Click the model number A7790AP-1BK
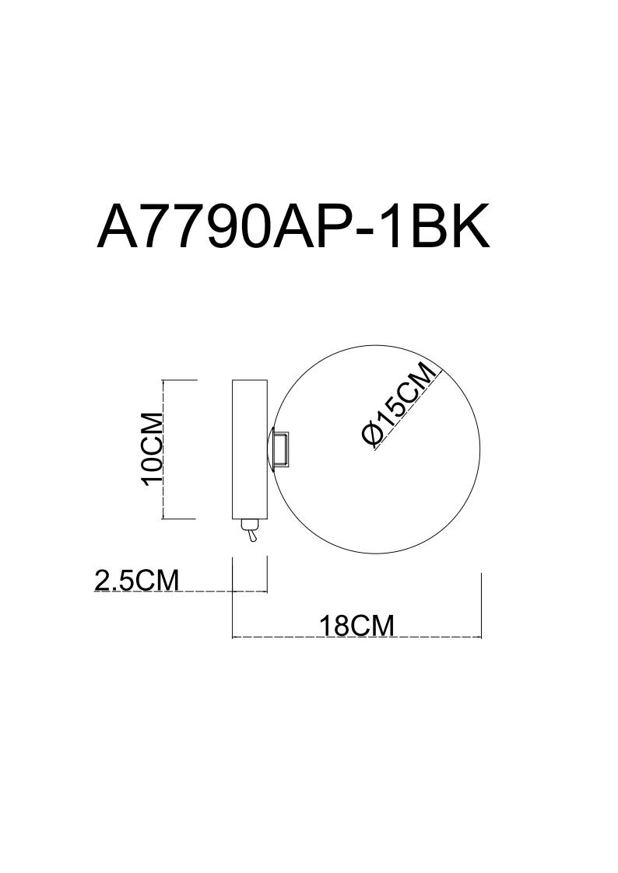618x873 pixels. [x=293, y=226]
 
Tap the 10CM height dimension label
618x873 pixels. [x=152, y=449]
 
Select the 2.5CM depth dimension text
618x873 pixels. [x=136, y=579]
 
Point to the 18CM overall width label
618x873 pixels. [x=356, y=626]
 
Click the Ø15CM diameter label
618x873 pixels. [x=399, y=404]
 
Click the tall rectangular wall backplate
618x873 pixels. [x=250, y=449]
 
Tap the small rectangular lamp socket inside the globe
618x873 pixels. [x=280, y=449]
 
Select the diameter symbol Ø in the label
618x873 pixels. [x=371, y=435]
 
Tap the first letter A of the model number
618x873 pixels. [x=117, y=226]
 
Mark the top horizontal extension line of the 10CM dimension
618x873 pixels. [x=181, y=380]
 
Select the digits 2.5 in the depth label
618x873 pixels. [x=115, y=579]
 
